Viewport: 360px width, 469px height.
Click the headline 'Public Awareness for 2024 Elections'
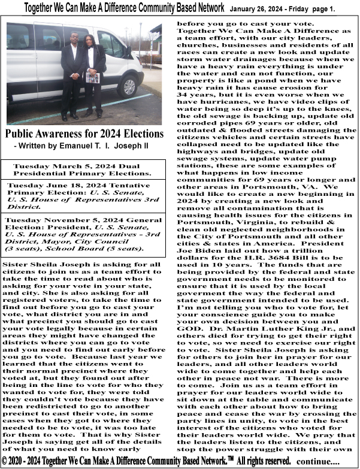point(84,133)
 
